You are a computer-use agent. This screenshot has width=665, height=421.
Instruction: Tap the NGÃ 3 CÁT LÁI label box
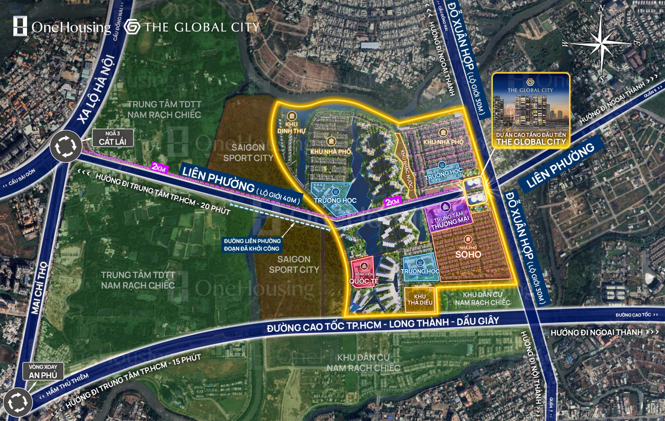click(x=113, y=138)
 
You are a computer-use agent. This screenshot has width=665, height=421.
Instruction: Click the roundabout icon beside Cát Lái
click(x=66, y=146)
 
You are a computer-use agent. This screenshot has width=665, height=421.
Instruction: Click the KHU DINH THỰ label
click(x=291, y=127)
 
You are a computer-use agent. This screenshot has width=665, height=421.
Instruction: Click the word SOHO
click(x=468, y=255)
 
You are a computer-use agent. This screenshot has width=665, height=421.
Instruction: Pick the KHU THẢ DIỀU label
click(x=420, y=300)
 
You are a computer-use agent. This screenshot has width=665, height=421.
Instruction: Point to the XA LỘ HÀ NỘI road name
click(x=96, y=88)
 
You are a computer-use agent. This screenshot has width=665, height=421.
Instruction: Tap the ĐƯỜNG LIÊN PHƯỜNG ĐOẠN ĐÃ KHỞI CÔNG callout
click(x=252, y=245)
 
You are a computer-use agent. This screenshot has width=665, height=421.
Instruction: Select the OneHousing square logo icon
click(x=20, y=26)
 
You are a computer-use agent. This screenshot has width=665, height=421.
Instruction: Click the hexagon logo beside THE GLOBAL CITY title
click(x=132, y=27)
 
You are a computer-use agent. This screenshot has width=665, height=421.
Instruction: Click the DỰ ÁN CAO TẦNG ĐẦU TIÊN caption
click(x=531, y=135)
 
